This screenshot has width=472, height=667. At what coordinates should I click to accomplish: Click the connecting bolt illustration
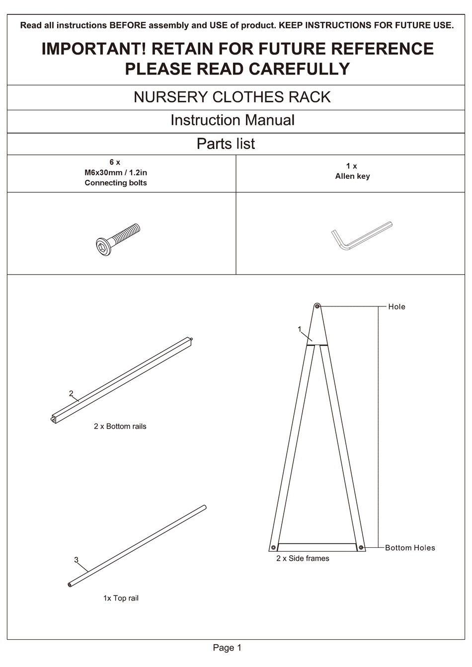click(118, 239)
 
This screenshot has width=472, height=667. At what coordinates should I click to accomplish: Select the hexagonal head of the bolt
click(103, 247)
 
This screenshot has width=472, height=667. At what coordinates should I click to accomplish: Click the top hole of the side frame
click(317, 306)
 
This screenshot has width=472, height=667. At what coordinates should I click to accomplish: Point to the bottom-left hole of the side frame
click(273, 547)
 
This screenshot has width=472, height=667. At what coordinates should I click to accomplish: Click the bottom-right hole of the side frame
click(361, 547)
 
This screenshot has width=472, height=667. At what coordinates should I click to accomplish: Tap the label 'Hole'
click(396, 307)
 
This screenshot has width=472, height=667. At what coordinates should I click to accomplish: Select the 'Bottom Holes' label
click(410, 548)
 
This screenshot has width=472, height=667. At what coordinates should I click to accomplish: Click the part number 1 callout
click(300, 329)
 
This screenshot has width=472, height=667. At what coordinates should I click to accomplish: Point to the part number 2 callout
click(71, 393)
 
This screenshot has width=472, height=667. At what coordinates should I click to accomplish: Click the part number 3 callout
click(76, 560)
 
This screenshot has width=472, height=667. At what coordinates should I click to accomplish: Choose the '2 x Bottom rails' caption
click(120, 426)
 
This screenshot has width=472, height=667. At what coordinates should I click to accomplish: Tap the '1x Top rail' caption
click(121, 598)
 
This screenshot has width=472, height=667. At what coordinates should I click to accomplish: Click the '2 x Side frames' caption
click(303, 558)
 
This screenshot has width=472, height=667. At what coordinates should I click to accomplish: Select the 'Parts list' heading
click(226, 144)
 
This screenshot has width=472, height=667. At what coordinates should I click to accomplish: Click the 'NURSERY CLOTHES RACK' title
click(232, 97)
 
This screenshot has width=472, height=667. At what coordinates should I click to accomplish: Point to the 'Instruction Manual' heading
click(232, 120)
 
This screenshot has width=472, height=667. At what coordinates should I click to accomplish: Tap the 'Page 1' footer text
click(227, 648)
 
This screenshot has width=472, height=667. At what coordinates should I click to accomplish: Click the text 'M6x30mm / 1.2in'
click(116, 172)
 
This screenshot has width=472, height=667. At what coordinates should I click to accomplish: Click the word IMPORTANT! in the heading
click(93, 49)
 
